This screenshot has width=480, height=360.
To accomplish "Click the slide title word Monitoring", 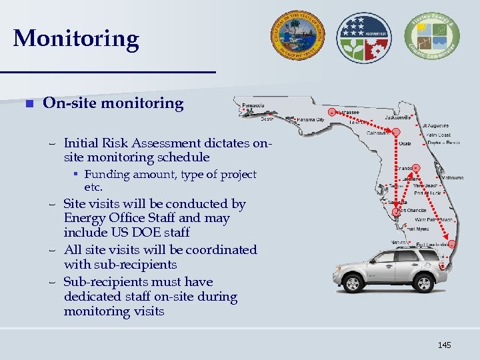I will pyautogui.click(x=76, y=39).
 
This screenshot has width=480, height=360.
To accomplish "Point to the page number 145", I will pyautogui.click(x=444, y=345).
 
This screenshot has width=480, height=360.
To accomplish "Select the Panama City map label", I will pyautogui.click(x=311, y=119).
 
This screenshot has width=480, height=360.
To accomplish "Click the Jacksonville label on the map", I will pyautogui.click(x=397, y=117).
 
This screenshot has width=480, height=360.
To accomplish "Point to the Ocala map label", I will pyautogui.click(x=405, y=143).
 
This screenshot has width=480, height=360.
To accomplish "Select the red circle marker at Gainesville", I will pyautogui.click(x=396, y=132).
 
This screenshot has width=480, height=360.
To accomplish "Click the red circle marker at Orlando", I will pyautogui.click(x=415, y=167).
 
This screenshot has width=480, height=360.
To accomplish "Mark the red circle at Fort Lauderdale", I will pyautogui.click(x=451, y=243).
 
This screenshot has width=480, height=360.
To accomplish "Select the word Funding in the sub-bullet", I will pyautogui.click(x=106, y=175).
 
